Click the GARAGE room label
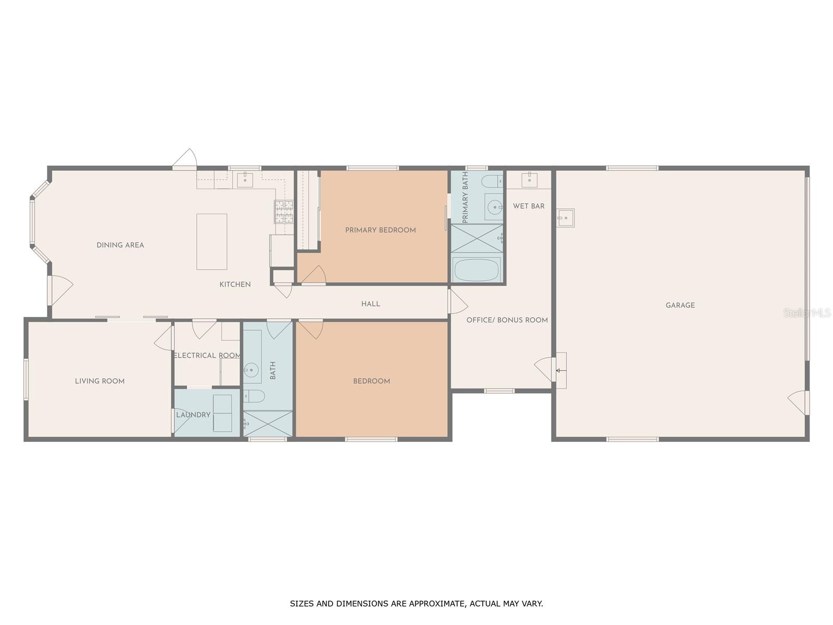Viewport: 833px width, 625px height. pos(680,305)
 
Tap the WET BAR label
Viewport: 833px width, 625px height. pos(528,206)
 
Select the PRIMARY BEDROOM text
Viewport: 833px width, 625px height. pos(380,230)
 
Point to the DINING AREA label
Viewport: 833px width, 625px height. pos(120,245)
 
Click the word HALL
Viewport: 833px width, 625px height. pos(370,304)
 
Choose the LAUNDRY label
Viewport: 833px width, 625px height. pos(193,415)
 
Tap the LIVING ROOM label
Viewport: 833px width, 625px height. pos(100,381)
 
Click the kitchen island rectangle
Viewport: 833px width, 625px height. pos(212,242)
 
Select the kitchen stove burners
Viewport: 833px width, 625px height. pos(284,212)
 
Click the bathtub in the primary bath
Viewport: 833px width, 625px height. pos(476,270)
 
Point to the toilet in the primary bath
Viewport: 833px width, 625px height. pos(492,181)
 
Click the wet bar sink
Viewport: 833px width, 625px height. pos(529,180)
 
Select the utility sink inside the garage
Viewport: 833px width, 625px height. pos(565,218)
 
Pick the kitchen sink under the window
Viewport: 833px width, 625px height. pos(245,180)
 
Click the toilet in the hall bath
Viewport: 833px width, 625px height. pos(254,396)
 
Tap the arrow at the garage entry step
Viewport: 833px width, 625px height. pos(561,370)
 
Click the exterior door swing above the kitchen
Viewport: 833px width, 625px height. pos(186,157)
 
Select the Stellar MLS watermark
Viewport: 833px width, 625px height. pos(807,313)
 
